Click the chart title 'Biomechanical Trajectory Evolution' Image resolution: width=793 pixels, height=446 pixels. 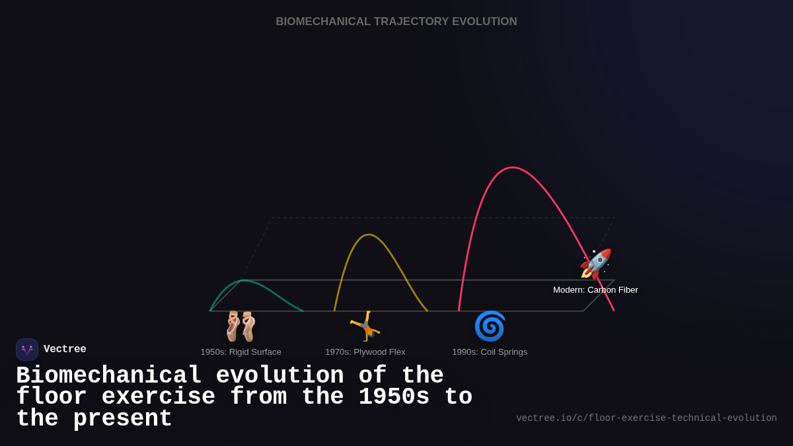coord(396,22)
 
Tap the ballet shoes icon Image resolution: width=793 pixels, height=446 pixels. coord(240,326)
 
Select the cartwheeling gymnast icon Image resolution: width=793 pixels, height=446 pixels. coord(365,326)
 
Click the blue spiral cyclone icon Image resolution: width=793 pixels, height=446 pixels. coord(490,326)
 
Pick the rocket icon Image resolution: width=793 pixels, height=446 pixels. coord(595,264)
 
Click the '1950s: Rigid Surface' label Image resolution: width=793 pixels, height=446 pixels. coord(241,352)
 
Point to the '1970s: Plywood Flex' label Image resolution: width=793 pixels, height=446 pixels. coord(365,352)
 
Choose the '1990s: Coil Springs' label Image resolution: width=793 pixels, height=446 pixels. coord(490,352)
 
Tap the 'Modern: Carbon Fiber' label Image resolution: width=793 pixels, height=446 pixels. coord(595,290)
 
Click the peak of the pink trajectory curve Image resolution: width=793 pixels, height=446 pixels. coord(512,168)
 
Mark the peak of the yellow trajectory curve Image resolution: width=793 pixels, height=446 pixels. coord(369,235)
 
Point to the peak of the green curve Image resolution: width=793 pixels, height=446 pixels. coord(245,280)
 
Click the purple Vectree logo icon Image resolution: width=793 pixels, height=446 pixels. coord(27,350)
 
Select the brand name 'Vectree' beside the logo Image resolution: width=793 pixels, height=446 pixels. coord(65,350)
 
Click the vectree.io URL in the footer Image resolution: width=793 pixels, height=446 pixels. coord(646,418)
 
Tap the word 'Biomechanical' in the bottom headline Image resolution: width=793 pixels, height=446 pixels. coord(108,376)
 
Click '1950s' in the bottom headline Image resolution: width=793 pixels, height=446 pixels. coord(394,397)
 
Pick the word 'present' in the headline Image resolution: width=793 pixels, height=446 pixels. coord(122,419)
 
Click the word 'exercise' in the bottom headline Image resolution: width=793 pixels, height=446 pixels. coord(158,397)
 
